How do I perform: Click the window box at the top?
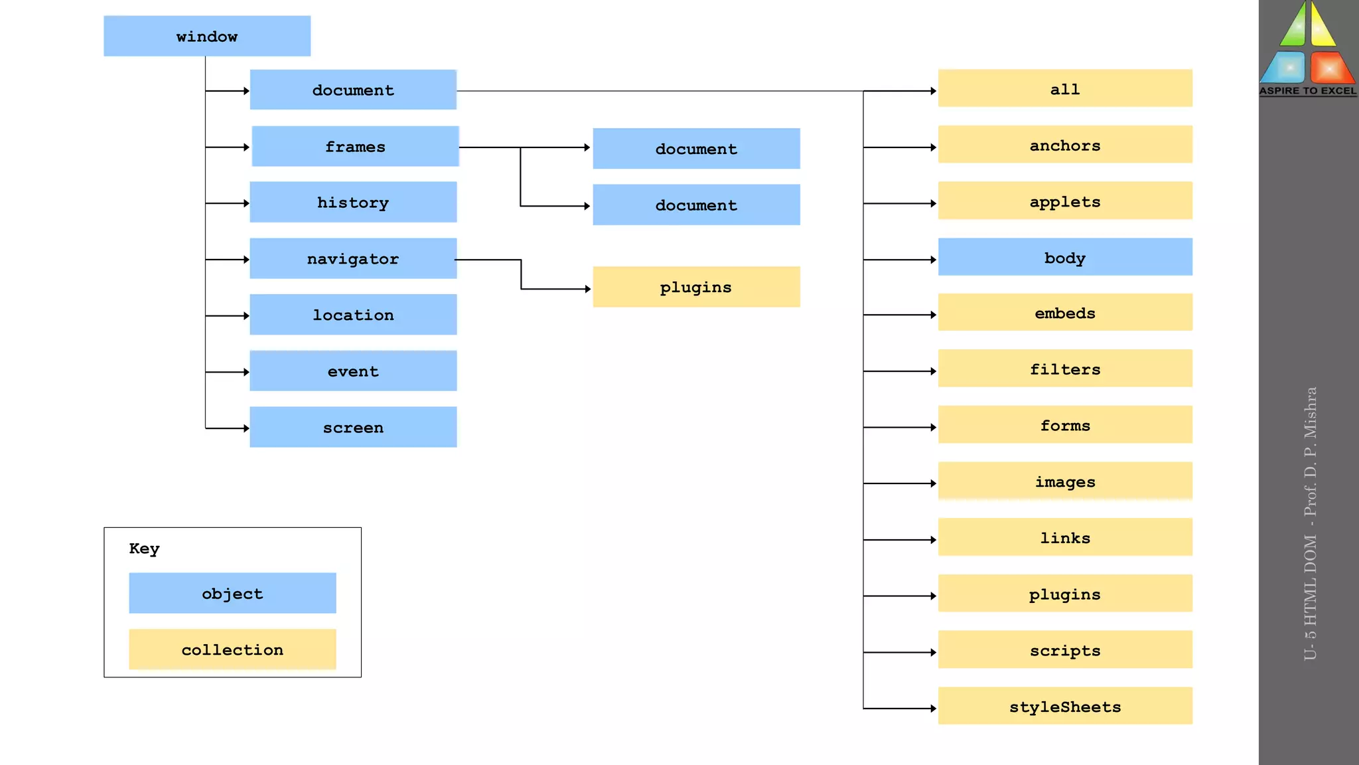click(x=206, y=36)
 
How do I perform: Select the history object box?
click(x=353, y=202)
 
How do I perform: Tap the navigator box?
click(x=353, y=258)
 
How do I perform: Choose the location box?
click(x=353, y=315)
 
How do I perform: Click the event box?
click(x=353, y=371)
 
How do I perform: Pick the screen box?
click(x=353, y=427)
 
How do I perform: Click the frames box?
click(x=355, y=146)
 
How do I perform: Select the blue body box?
click(x=1064, y=257)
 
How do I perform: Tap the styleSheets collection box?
click(x=1064, y=706)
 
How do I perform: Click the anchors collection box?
click(x=1064, y=145)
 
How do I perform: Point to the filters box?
click(x=1064, y=369)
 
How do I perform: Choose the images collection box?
click(x=1064, y=481)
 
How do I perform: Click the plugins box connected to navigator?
click(x=695, y=287)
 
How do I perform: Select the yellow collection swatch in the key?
click(x=232, y=649)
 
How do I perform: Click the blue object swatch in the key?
click(x=232, y=593)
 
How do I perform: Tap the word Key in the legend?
click(x=144, y=549)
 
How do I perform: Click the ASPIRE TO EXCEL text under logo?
click(x=1308, y=91)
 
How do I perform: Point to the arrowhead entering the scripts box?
click(x=933, y=653)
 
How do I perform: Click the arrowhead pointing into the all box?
click(x=933, y=91)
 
